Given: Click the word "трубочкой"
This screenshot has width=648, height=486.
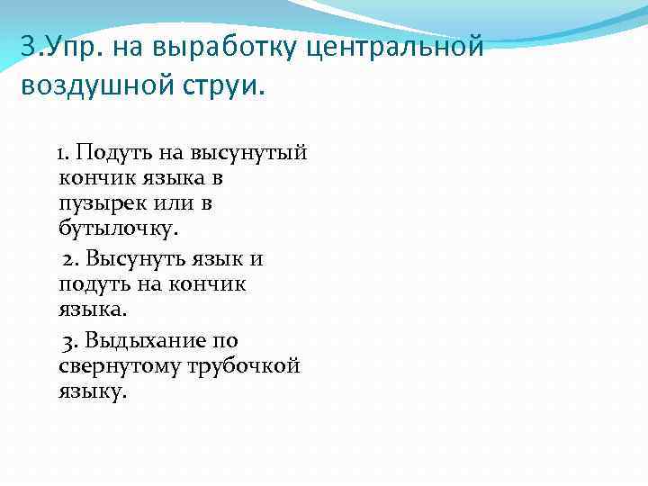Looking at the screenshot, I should click(x=244, y=367).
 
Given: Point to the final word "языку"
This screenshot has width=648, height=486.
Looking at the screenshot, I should click(x=93, y=393).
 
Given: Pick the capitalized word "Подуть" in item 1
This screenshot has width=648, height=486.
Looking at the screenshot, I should click(x=117, y=152).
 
